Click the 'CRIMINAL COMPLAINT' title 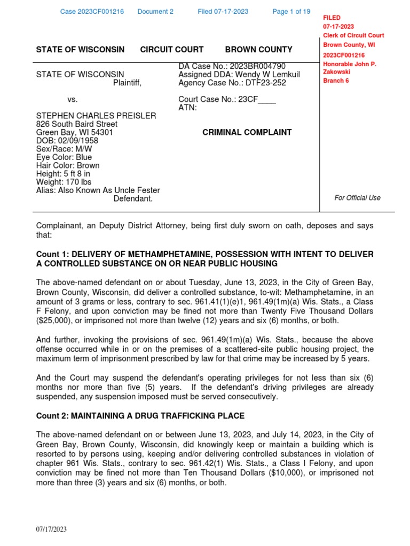tap(247, 132)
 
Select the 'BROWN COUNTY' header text tap(258, 50)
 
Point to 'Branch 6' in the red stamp tap(336, 81)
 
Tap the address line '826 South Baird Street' tap(76, 124)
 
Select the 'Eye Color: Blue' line tap(64, 157)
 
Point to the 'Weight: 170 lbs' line tap(64, 182)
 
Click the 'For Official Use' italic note tap(357, 198)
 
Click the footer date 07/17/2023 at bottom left tap(51, 529)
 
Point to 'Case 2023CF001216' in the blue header tap(91, 12)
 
